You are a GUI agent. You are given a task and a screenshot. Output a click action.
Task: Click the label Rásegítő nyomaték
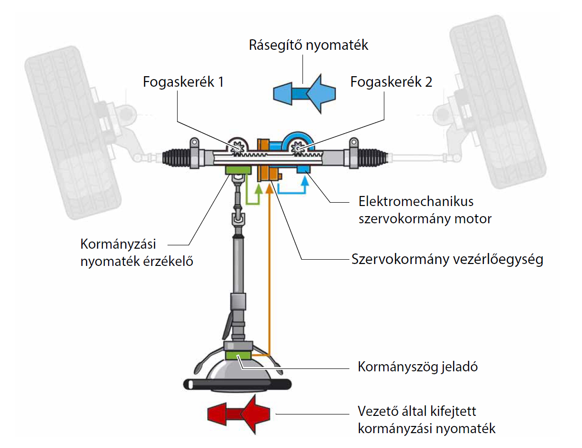pyautogui.click(x=308, y=46)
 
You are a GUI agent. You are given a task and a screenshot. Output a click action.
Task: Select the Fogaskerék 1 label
pyautogui.click(x=183, y=82)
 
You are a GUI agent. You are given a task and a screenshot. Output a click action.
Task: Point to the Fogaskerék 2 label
pyautogui.click(x=391, y=82)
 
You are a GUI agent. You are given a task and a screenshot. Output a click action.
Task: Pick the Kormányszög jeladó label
pyautogui.click(x=418, y=368)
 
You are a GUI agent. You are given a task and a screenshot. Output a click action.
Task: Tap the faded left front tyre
pyautogui.click(x=72, y=134)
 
